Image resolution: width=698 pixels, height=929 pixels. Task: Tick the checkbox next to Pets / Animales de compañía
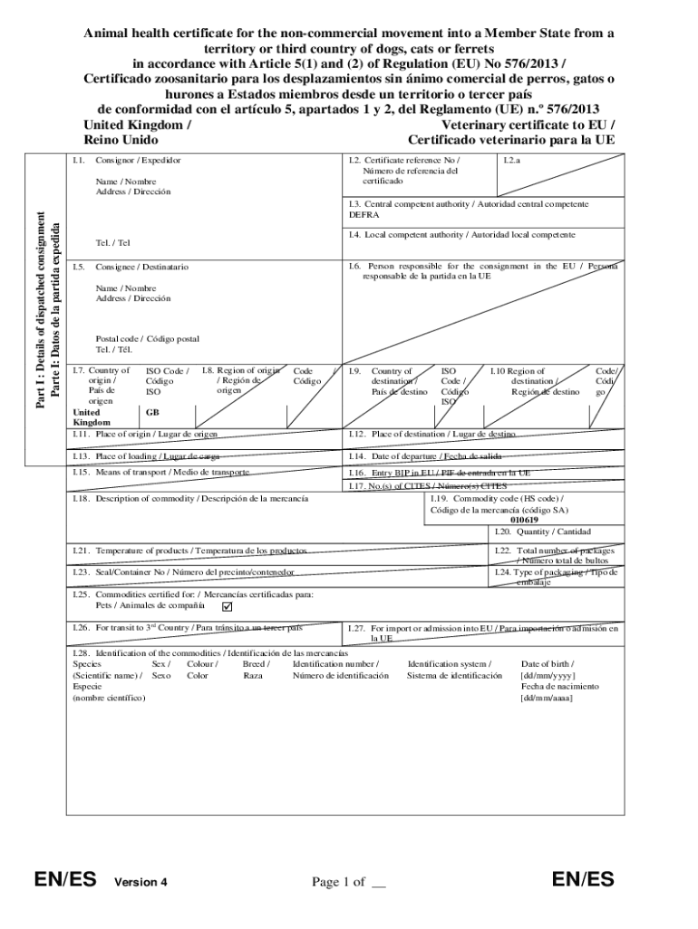[228, 606]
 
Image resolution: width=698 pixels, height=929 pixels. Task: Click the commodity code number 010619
[523, 520]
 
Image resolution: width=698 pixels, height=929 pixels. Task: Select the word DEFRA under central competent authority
[364, 216]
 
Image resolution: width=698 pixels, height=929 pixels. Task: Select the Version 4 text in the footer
[141, 882]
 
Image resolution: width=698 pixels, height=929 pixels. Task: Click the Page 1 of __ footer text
[349, 881]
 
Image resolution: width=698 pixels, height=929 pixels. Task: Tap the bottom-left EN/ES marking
[65, 879]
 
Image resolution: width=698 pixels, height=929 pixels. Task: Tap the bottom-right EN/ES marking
[583, 879]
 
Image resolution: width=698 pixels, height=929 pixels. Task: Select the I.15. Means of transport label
[160, 473]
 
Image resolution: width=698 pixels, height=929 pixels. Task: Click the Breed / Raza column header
[256, 670]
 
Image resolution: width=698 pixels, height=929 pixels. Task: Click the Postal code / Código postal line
[147, 339]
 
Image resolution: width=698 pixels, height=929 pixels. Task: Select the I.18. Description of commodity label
[189, 499]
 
